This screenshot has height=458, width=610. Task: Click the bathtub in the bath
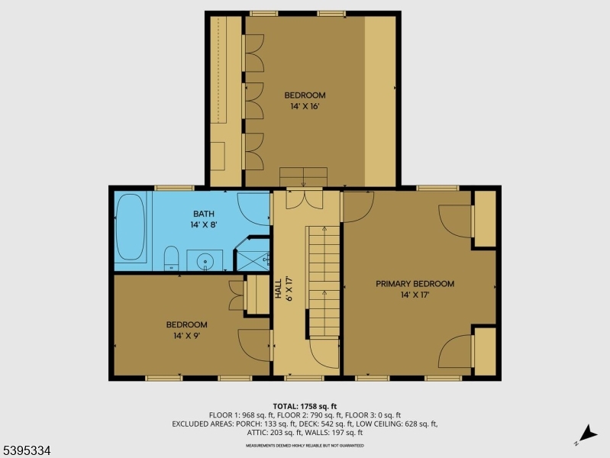(130, 228)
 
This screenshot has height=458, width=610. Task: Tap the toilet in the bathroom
(171, 259)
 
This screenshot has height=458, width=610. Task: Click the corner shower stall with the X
(253, 255)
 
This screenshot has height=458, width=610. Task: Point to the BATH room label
(204, 214)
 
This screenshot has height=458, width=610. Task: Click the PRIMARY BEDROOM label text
(415, 284)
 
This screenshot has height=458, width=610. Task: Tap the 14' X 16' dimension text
(304, 106)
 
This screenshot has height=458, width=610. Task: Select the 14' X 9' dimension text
(186, 335)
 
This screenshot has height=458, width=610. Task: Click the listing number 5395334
(26, 451)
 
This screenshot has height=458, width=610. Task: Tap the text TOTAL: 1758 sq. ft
(304, 405)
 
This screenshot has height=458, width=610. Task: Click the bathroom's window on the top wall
(173, 188)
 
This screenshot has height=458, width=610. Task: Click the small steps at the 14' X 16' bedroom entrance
(303, 176)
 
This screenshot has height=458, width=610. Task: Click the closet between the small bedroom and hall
(257, 295)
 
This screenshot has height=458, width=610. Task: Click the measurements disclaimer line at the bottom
(304, 445)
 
